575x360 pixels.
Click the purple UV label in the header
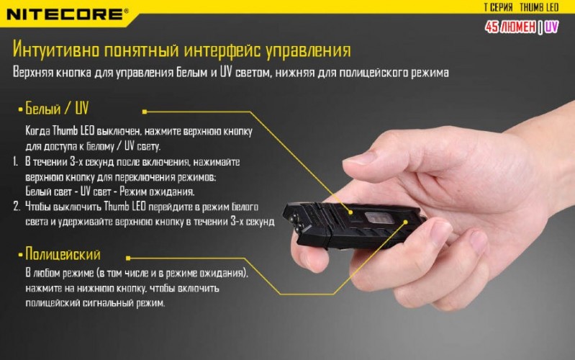click(551, 27)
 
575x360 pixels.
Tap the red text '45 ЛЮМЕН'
click(510, 27)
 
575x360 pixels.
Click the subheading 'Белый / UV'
click(57, 109)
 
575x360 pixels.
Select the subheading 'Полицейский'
click(63, 254)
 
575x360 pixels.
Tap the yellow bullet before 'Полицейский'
click(20, 256)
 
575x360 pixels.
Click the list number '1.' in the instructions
click(16, 163)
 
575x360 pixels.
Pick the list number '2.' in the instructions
click(16, 207)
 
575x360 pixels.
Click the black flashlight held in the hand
click(353, 220)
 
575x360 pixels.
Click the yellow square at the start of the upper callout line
click(145, 112)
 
